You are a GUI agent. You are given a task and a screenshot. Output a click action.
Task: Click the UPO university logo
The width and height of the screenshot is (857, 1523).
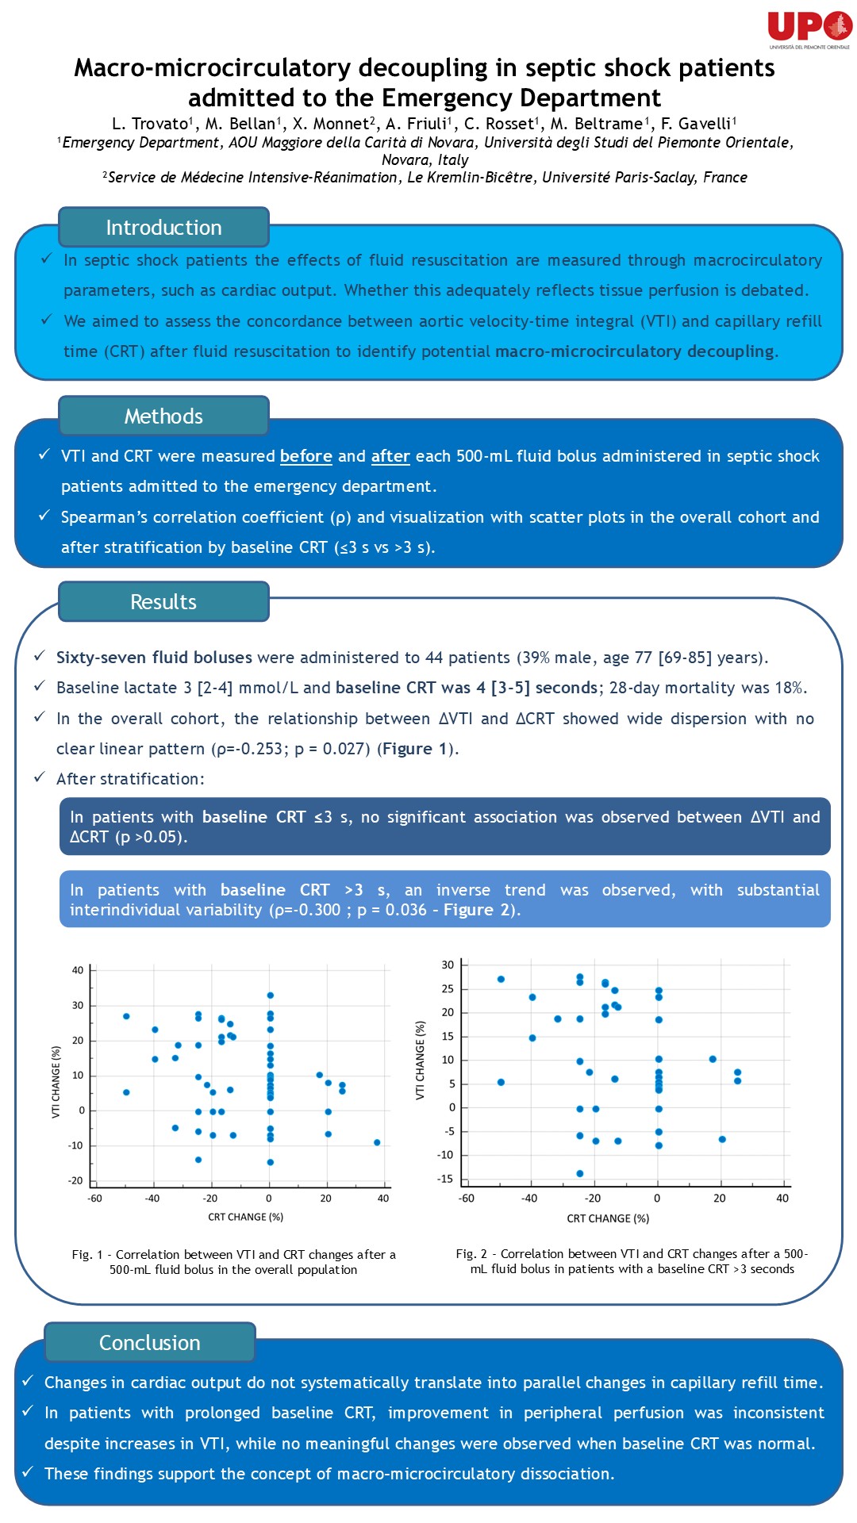point(809,29)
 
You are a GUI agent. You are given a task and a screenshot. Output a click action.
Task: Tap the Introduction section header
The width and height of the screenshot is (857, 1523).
point(163,228)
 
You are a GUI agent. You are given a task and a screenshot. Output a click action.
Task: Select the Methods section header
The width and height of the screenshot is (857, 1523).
point(163,416)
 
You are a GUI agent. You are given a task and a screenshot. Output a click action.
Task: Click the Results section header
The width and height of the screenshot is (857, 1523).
point(163,602)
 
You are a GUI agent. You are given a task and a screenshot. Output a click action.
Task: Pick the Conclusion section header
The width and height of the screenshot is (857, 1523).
point(149,1343)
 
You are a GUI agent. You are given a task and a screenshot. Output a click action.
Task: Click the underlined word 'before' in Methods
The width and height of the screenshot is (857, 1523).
point(306,456)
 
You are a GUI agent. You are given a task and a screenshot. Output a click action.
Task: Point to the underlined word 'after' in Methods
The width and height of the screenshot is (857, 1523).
point(390,456)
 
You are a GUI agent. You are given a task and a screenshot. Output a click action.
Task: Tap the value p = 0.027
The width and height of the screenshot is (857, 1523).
point(332,749)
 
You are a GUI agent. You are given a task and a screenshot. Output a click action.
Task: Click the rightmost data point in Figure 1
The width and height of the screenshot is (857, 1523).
point(377,1142)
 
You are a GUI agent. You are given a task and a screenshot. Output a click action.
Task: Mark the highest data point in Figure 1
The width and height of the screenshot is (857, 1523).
point(270,996)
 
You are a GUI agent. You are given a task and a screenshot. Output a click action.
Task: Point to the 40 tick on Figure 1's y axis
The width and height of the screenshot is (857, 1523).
point(78,970)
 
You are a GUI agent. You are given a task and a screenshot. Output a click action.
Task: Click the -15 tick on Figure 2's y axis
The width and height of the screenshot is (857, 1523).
point(446,1180)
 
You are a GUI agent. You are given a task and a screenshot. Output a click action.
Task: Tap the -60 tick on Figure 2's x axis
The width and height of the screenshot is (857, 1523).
point(467,1199)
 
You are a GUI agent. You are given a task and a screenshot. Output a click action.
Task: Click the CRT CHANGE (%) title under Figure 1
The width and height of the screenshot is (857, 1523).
point(245,1217)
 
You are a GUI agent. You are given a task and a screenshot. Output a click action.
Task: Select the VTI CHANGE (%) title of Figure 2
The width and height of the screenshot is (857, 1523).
point(420,1061)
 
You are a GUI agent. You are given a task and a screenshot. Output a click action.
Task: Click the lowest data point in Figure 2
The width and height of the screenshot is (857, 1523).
point(580,1173)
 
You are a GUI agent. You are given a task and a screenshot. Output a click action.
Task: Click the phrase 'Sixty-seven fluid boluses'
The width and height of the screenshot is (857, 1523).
point(154,658)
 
